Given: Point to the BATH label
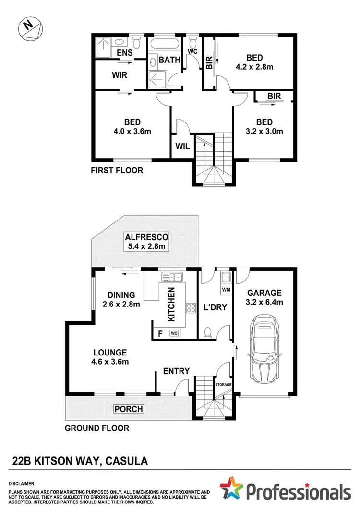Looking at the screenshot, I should [x=169, y=60].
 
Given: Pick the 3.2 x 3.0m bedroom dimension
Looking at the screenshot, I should [x=264, y=131].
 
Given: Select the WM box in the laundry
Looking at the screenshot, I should [x=226, y=290].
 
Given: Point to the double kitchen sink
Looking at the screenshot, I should [x=170, y=276].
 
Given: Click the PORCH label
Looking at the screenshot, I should [x=128, y=409].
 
